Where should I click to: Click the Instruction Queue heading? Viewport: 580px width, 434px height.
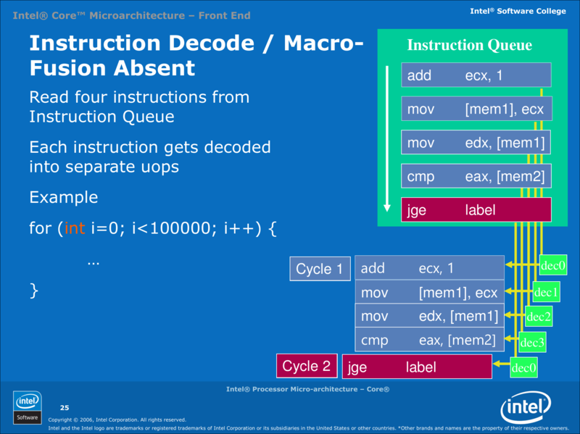[469, 45]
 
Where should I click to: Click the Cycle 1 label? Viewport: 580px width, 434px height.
[319, 269]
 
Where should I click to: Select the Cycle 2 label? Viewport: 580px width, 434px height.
[306, 366]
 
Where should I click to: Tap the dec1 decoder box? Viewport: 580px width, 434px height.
[546, 292]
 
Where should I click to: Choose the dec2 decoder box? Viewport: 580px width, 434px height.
[539, 316]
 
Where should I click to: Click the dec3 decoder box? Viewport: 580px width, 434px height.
[532, 341]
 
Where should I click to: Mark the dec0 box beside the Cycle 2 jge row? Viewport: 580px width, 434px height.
[524, 368]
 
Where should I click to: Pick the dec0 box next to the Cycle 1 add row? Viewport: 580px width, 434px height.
[553, 266]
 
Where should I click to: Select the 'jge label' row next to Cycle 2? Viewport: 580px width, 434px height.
[417, 367]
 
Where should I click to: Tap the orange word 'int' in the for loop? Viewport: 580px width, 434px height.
[75, 229]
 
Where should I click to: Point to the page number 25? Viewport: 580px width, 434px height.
[64, 407]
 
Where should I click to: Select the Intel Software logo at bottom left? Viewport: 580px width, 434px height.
[28, 406]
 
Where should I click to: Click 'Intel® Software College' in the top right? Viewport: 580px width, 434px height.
[518, 11]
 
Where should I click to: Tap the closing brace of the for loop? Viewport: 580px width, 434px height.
[33, 291]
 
